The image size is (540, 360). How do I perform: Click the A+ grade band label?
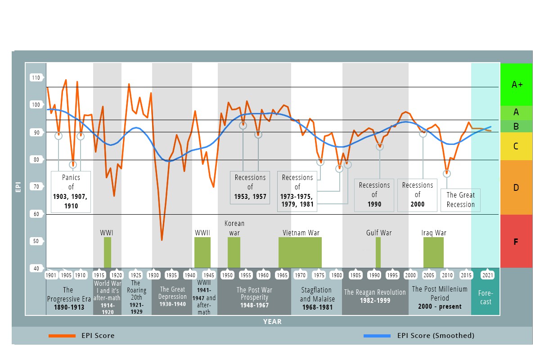click(x=517, y=84)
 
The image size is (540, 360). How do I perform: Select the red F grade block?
click(x=516, y=242)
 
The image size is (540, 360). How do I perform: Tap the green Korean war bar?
click(x=234, y=252)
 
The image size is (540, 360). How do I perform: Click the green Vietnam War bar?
click(x=300, y=252)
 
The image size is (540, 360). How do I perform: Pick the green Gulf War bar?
click(x=378, y=252)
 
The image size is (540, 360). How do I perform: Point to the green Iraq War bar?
click(x=433, y=252)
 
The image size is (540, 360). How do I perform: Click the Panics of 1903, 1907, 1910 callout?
click(x=71, y=192)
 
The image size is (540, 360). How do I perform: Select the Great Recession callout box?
click(x=460, y=200)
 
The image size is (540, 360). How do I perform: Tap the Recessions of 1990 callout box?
click(x=374, y=195)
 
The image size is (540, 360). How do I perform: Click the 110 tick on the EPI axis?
click(x=36, y=78)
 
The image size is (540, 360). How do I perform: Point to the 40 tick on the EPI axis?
click(x=36, y=269)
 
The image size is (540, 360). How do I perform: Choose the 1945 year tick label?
click(x=209, y=275)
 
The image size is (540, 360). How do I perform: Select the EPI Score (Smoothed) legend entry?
click(x=418, y=336)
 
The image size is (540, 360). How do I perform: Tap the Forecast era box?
click(x=486, y=297)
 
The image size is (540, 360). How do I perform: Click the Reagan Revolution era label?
click(x=375, y=297)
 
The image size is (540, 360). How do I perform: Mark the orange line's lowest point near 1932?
click(x=162, y=240)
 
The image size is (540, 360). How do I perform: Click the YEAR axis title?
click(x=272, y=321)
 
